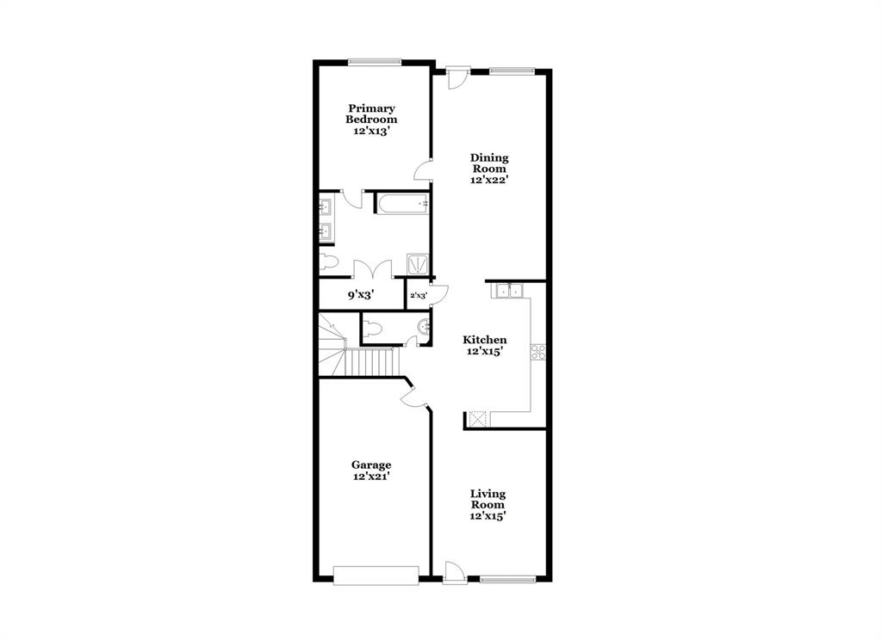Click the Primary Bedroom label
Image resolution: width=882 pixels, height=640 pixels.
(372, 114)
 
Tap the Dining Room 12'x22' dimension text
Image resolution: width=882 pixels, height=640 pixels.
(489, 181)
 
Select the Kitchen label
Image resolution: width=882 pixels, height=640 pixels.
(486, 340)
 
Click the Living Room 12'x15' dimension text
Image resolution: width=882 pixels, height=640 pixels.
(488, 516)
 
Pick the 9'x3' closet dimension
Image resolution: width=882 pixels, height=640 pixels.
(359, 295)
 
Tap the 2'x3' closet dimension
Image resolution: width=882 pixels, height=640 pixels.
(418, 296)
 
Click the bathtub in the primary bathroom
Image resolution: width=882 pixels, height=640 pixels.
(402, 204)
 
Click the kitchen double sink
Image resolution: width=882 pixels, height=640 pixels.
(508, 291)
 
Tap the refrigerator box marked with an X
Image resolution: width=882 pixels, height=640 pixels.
(479, 419)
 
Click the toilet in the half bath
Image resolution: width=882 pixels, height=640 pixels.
(373, 327)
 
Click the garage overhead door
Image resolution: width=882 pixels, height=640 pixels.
(376, 575)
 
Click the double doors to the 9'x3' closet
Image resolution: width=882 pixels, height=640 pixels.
(372, 269)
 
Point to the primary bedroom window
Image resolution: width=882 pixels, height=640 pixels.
(374, 61)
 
